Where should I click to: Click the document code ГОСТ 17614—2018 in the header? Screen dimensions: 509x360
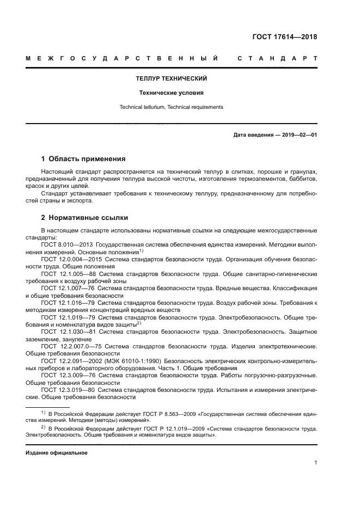point(285,37)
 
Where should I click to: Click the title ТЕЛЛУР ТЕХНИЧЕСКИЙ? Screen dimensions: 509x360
point(171,78)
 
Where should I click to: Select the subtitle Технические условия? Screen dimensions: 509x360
point(171,93)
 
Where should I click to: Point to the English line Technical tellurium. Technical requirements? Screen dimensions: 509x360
point(171,107)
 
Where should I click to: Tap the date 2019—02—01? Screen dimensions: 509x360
point(300,134)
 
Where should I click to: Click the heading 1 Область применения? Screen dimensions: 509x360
point(83,159)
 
